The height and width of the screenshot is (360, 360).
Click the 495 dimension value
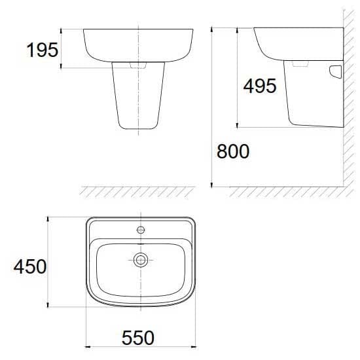260,86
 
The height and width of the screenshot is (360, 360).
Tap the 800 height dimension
233,152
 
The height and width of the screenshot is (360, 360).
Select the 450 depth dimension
29,266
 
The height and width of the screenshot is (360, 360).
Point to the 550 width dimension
138,338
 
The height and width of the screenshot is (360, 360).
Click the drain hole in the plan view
140,260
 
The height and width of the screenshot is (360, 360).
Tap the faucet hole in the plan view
140,230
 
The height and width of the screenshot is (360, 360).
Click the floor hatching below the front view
137,191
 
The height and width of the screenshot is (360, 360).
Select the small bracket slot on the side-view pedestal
336,71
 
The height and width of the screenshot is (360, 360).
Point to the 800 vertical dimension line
212,108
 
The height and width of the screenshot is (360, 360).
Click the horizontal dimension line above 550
139,346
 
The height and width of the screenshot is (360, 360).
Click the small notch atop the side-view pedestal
300,65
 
